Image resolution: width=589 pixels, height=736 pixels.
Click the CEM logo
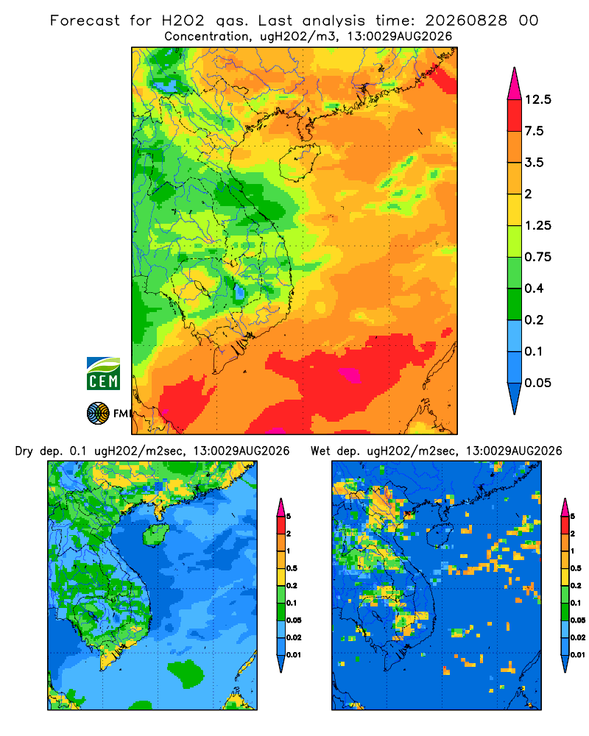(103, 373)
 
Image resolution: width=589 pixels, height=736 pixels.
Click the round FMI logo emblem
(98, 413)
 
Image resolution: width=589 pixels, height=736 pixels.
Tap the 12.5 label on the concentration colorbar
(537, 99)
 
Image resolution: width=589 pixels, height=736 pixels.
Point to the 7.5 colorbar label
(534, 131)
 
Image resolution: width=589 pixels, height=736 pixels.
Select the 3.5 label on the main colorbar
(534, 163)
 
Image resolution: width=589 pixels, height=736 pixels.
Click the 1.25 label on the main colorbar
(537, 225)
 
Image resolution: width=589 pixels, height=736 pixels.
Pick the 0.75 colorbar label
(537, 257)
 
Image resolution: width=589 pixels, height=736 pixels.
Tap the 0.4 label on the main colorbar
(534, 289)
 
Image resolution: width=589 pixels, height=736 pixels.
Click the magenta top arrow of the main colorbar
(515, 85)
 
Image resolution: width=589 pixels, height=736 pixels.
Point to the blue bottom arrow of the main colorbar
(515, 398)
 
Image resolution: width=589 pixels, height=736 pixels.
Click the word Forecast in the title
(85, 21)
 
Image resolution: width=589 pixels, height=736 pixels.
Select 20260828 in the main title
(466, 21)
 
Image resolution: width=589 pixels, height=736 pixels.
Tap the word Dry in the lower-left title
(24, 451)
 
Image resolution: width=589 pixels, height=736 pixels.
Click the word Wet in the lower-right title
(321, 451)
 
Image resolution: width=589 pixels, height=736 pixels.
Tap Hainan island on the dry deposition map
(155, 534)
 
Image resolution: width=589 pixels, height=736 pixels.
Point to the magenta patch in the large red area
(350, 375)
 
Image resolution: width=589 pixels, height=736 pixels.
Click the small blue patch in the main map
(239, 292)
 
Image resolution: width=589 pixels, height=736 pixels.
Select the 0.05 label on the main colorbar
(537, 383)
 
